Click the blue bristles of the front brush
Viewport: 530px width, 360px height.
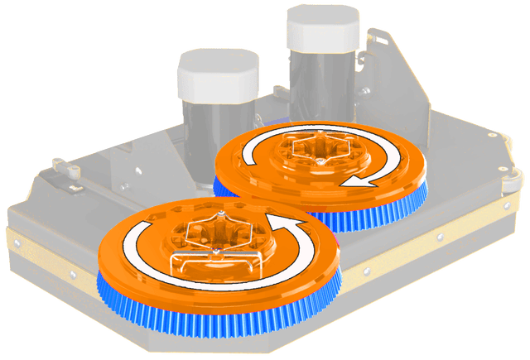click(207, 319)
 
